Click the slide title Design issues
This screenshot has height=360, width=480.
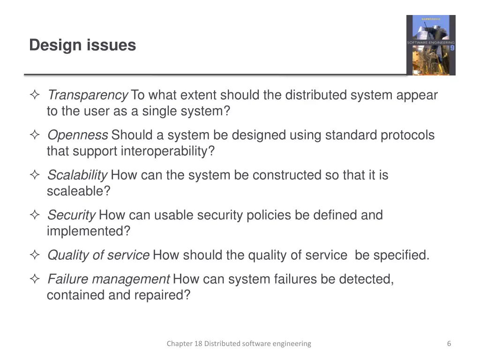click(82, 45)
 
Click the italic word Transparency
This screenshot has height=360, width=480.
click(88, 96)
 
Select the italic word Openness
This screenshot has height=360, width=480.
click(77, 135)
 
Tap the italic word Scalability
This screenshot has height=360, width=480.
click(77, 175)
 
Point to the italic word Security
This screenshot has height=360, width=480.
click(71, 215)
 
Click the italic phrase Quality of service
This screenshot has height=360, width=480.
click(98, 255)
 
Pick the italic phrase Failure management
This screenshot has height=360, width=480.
click(108, 279)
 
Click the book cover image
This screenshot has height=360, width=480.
click(431, 45)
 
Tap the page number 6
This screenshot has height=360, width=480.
click(449, 344)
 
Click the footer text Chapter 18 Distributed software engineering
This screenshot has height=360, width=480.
click(239, 344)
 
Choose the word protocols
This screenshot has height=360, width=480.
click(407, 135)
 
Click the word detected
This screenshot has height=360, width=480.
click(366, 279)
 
